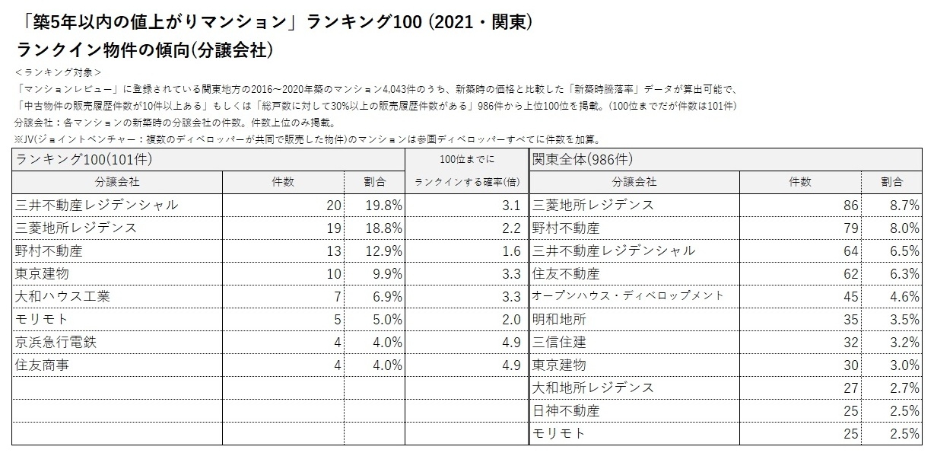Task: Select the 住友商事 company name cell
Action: [x=43, y=365]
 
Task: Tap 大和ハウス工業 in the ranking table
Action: [x=62, y=296]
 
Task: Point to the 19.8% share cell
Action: [x=386, y=205]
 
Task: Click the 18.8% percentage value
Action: [x=386, y=228]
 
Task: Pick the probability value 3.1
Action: [x=510, y=205]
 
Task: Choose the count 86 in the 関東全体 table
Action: [x=850, y=205]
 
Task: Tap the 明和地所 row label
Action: [x=559, y=319]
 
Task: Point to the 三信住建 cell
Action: [x=559, y=342]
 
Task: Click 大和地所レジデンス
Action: [x=593, y=388]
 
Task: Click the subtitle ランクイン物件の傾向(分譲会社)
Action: [x=145, y=50]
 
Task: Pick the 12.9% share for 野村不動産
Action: [x=386, y=250]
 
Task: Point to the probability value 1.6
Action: [x=510, y=250]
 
